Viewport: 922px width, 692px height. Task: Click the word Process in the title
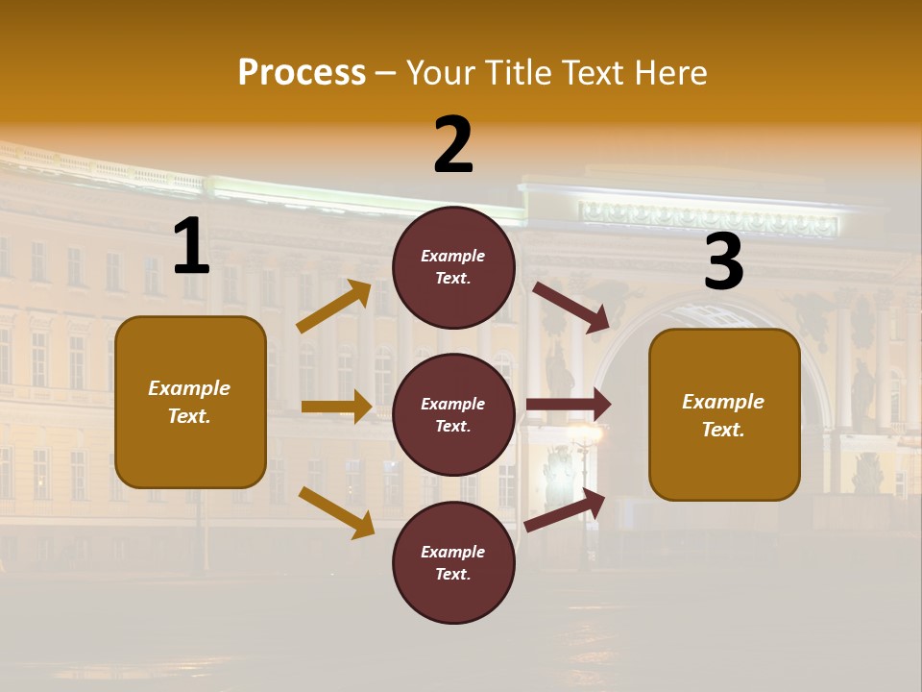(302, 72)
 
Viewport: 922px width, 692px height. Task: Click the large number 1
(191, 246)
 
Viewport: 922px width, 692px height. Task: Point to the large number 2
(453, 145)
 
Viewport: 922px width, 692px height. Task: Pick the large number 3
(723, 262)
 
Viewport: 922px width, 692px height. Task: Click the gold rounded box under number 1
(190, 402)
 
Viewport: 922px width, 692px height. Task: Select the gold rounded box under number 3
(724, 414)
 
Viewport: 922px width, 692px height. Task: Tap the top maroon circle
(453, 267)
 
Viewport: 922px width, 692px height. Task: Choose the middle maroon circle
(453, 414)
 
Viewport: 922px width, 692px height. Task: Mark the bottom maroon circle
(453, 562)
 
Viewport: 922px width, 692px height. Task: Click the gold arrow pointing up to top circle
(334, 307)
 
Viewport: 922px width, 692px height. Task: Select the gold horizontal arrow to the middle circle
(336, 407)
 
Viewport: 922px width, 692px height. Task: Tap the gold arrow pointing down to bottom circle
(336, 511)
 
